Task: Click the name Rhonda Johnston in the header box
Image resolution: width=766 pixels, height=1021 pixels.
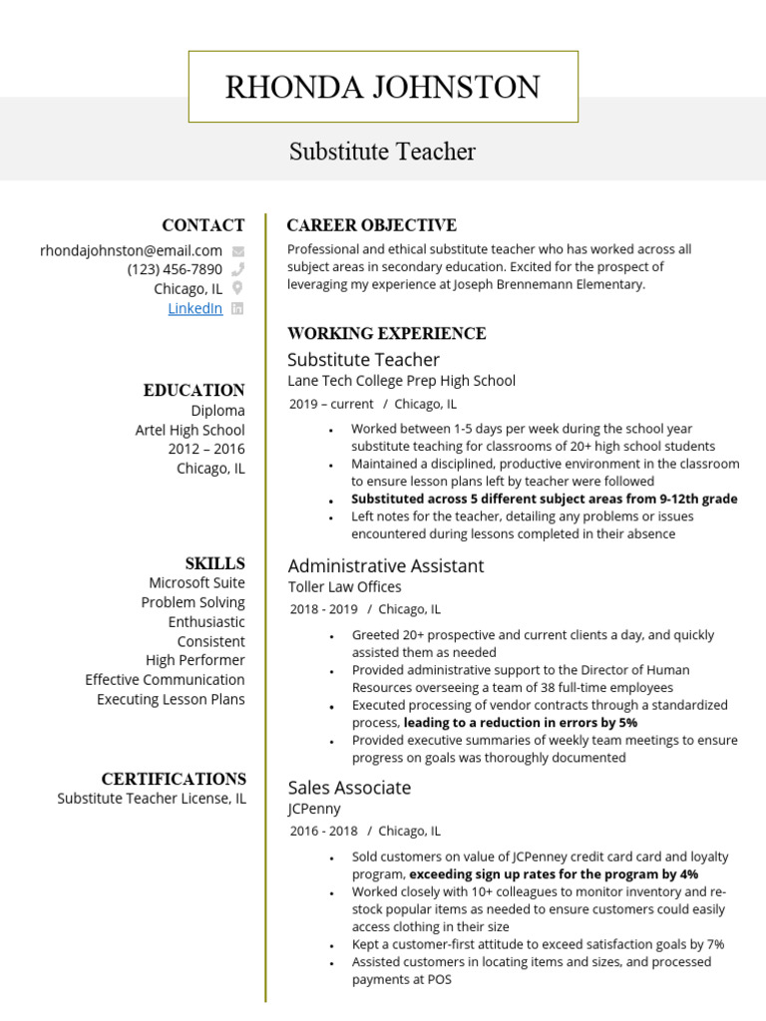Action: [x=382, y=88]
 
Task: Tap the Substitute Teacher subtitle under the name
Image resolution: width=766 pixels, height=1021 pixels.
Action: [x=382, y=152]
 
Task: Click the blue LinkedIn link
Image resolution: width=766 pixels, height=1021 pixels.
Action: [x=194, y=308]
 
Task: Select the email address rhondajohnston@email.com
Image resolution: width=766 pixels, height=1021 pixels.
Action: [x=131, y=250]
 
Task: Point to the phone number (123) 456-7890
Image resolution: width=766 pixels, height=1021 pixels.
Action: [x=175, y=269]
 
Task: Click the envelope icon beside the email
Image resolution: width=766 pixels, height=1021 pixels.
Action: [x=237, y=251]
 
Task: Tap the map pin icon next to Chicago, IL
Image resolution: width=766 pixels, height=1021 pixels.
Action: [x=237, y=289]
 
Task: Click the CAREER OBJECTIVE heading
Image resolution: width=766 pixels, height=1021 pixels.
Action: [x=371, y=225]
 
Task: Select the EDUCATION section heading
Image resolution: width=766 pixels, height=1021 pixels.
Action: [x=193, y=390]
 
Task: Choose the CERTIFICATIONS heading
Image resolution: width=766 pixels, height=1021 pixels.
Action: [x=174, y=779]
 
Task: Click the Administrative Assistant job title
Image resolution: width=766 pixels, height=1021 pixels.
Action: [x=385, y=565]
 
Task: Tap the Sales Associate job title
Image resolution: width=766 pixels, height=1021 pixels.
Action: [x=349, y=788]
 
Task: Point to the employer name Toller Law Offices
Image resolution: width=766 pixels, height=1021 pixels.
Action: [x=344, y=587]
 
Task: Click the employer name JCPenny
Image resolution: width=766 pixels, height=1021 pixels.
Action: [x=313, y=809]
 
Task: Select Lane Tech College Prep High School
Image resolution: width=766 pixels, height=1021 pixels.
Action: [x=401, y=381]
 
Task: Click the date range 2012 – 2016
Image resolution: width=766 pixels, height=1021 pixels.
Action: [x=205, y=449]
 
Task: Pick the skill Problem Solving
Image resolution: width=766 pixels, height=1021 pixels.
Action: [x=192, y=602]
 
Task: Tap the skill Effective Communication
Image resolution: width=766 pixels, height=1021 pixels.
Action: [x=165, y=680]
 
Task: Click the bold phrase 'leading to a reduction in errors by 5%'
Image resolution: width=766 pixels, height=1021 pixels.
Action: [x=520, y=722]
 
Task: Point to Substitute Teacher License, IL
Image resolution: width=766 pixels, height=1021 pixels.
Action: [x=151, y=799]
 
